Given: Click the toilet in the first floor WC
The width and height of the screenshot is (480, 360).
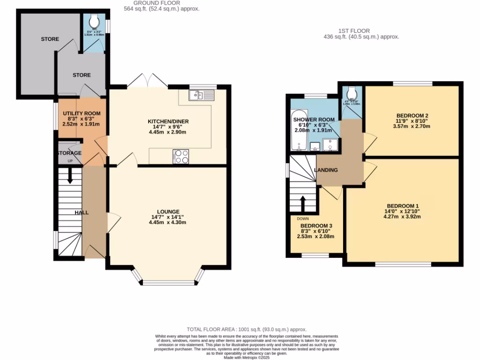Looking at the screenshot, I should coord(352,91).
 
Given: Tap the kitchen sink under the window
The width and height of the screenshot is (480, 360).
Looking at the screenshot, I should coord(201,96).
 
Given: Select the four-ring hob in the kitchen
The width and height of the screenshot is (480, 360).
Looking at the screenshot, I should coord(181,156).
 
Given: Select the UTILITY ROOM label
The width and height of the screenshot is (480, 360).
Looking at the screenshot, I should coord(82,113).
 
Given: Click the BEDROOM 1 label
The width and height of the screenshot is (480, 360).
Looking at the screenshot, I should coord(402,206).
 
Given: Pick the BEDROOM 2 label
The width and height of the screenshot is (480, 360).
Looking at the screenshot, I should coord(412,115).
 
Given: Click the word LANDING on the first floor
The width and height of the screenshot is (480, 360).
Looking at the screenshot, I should coord(326,170).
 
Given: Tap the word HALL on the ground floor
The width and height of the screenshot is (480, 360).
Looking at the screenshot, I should coord(82,212).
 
